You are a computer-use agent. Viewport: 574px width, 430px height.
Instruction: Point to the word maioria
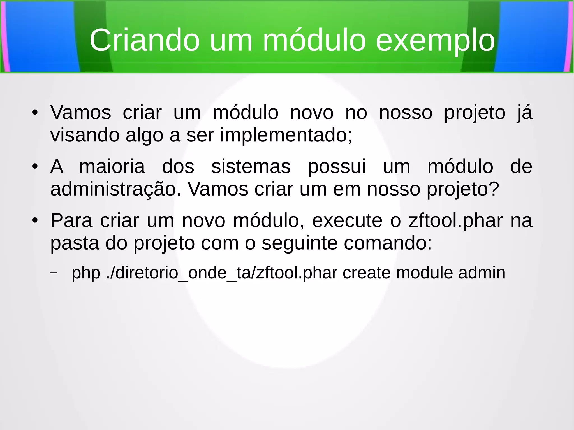point(112,166)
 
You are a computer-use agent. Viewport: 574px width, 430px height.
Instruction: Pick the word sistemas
point(251,166)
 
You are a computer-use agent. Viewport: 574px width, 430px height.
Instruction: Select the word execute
point(347,220)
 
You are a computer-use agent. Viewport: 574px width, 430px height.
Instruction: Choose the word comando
point(388,243)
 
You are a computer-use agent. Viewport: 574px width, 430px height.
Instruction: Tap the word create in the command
point(366,273)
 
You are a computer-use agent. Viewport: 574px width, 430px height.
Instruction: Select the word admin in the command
point(482,273)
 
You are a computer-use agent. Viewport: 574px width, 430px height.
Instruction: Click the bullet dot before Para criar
point(35,220)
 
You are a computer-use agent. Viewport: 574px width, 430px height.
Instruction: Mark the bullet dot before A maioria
point(35,167)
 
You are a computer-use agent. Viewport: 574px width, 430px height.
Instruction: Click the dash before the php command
point(54,273)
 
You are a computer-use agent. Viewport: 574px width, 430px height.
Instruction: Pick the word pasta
point(75,243)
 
